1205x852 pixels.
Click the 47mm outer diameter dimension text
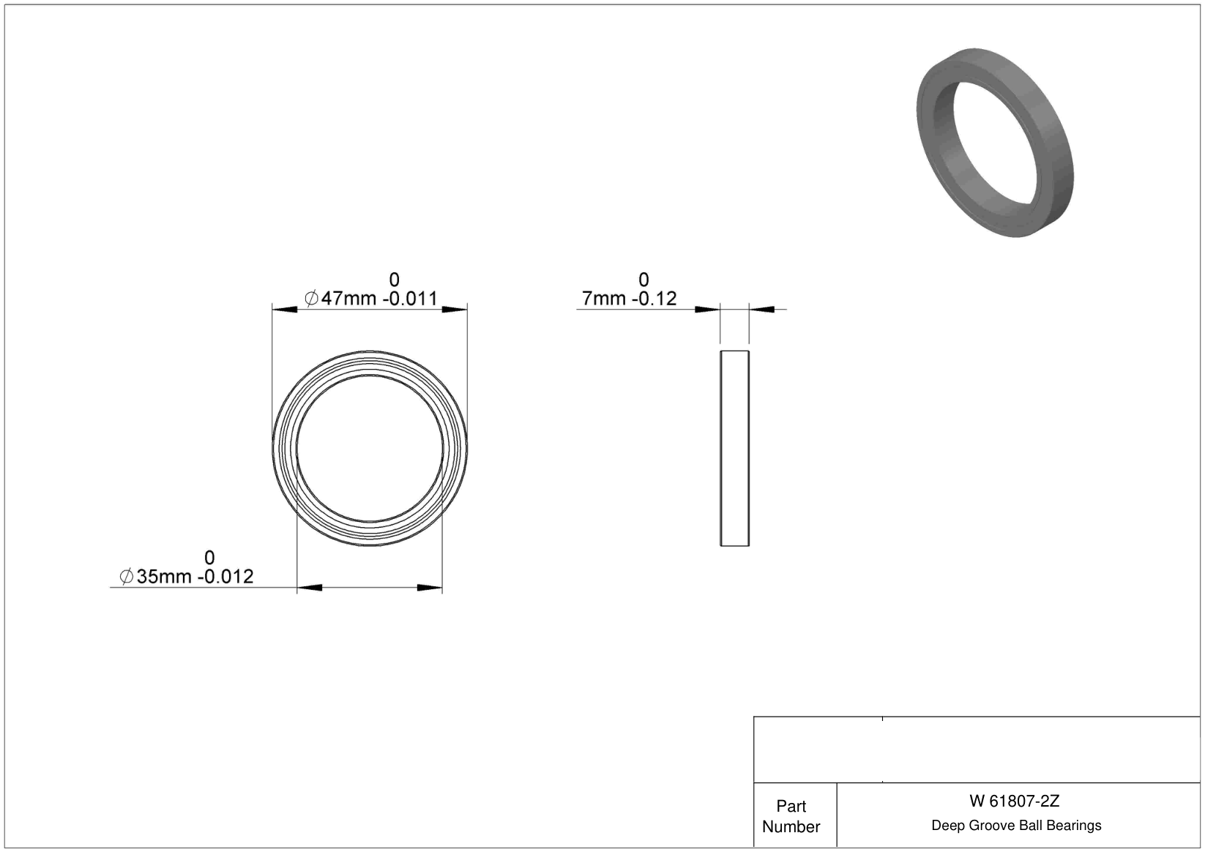(x=348, y=298)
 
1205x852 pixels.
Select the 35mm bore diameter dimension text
(x=164, y=577)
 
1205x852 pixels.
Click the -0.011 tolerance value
(x=410, y=298)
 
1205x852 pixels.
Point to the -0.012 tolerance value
(x=225, y=577)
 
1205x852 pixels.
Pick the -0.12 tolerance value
(x=654, y=298)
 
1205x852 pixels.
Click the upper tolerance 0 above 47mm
(x=395, y=280)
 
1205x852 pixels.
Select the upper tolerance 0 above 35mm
(x=210, y=558)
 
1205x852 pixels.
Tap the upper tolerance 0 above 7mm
(x=643, y=280)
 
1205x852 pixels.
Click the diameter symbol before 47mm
(x=311, y=298)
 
